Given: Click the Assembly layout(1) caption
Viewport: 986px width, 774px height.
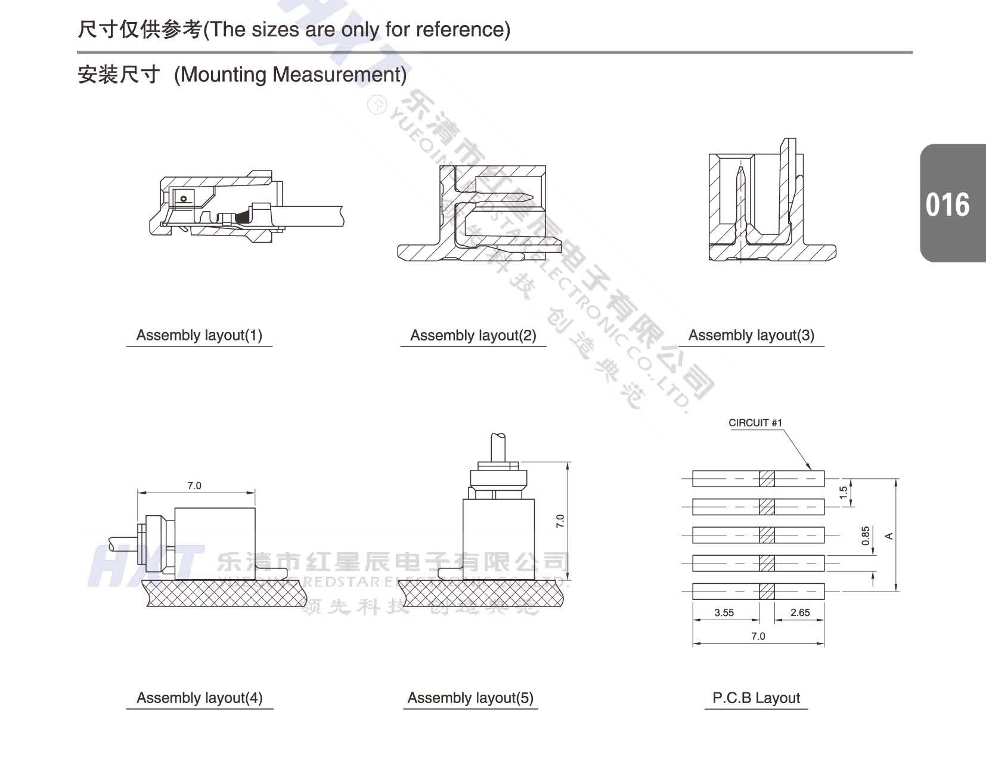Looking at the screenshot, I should tap(199, 335).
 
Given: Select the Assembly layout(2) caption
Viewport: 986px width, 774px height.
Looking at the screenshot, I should tap(473, 336).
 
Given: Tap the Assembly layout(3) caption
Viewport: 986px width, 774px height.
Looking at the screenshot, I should tap(751, 335).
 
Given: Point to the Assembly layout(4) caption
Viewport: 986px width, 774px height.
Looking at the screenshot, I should tap(199, 698).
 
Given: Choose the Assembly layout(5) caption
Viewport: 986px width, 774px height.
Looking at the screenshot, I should tap(470, 698).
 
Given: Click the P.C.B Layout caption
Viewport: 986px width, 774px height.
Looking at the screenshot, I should tap(756, 698).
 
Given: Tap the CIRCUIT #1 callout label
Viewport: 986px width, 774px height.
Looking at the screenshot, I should tap(755, 423).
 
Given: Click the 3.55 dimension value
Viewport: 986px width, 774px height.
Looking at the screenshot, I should tap(724, 612).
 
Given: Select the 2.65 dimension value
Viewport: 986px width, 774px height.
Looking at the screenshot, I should tap(799, 612).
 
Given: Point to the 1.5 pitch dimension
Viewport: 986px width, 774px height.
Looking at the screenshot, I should tap(843, 493).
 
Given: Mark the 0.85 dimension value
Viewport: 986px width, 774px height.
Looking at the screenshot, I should tap(865, 535).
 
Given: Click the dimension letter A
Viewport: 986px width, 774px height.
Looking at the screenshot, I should tap(889, 536).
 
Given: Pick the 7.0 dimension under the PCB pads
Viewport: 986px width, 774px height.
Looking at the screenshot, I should tap(758, 636).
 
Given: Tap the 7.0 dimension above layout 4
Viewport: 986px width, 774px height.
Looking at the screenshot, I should tap(194, 485).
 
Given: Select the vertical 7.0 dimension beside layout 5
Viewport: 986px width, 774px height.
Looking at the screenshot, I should tap(560, 521).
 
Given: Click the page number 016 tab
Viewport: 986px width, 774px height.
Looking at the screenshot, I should tap(947, 205).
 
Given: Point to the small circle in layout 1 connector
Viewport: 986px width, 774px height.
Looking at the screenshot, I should tap(184, 199).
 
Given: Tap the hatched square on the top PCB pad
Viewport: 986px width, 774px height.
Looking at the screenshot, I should tap(767, 478).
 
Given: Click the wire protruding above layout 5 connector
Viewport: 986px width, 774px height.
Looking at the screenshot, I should tap(498, 447).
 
